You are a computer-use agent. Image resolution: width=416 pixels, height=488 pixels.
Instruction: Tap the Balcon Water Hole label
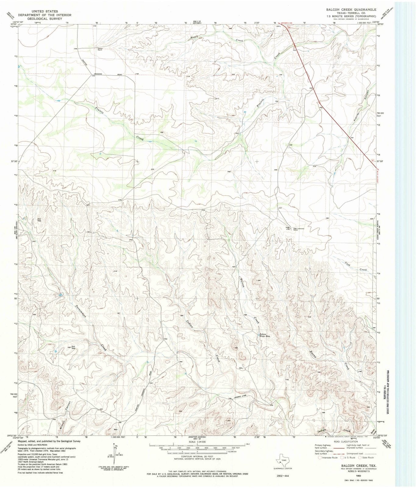(265, 335)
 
